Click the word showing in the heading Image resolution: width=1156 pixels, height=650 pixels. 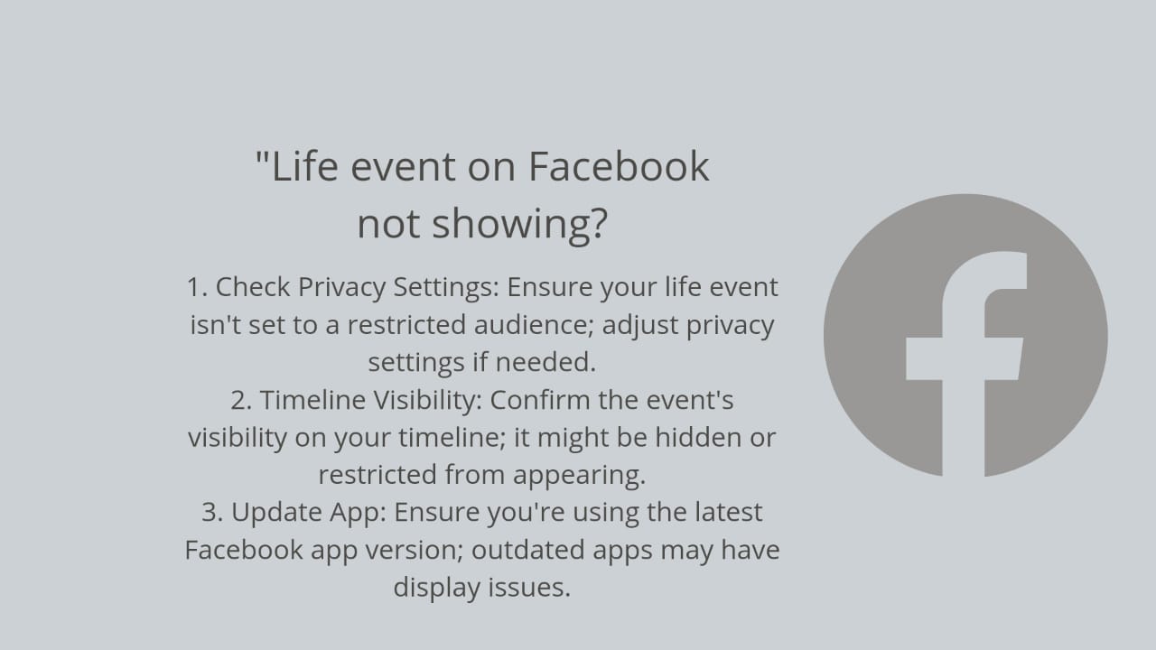(519, 225)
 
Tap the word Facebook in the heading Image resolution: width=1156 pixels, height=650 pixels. (619, 167)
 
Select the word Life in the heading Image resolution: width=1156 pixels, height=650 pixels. (304, 167)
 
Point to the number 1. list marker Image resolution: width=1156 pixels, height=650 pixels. (197, 287)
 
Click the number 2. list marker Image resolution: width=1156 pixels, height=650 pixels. (241, 400)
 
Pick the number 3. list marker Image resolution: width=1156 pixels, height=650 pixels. (211, 512)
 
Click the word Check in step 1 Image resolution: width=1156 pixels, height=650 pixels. (253, 287)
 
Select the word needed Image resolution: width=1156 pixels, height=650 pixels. (545, 362)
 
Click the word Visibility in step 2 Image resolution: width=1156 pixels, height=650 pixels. (428, 401)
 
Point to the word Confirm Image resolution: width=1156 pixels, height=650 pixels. (540, 400)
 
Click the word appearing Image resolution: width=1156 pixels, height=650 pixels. (579, 476)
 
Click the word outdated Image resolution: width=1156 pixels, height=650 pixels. (528, 550)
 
